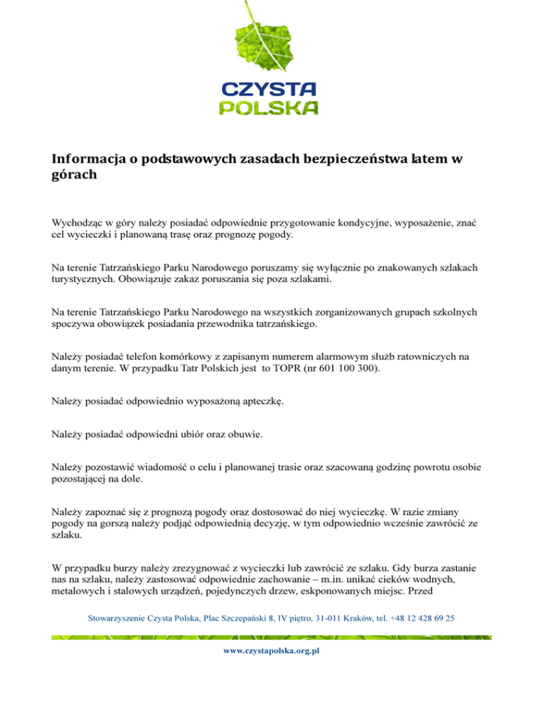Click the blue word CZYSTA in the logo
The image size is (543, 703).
click(269, 89)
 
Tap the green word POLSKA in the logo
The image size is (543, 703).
click(269, 108)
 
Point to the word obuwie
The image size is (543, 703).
click(243, 435)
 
